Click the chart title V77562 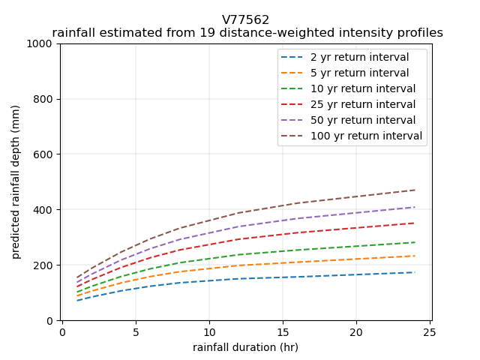click(245, 20)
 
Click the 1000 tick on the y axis click(43, 43)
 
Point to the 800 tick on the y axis click(46, 99)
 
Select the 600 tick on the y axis click(46, 154)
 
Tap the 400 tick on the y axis click(46, 210)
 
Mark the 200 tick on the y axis click(46, 265)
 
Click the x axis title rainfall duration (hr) click(245, 347)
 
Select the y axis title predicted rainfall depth click(16, 181)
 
